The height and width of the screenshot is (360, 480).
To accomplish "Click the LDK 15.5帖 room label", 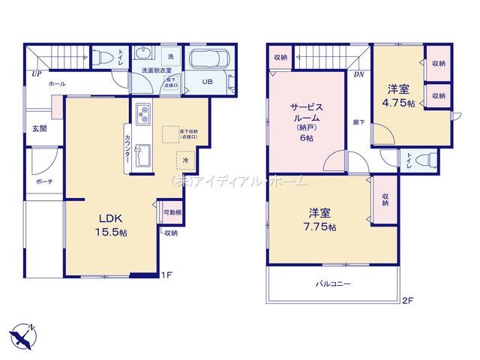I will pyautogui.click(x=109, y=225).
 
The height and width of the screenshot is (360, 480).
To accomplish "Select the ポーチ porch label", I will pyautogui.click(x=43, y=181).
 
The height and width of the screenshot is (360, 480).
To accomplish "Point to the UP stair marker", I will pyautogui.click(x=36, y=73).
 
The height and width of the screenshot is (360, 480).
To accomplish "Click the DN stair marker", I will pyautogui.click(x=358, y=73).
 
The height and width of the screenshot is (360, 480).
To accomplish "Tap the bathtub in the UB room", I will pyautogui.click(x=209, y=59).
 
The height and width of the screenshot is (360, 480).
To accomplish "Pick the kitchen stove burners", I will pyautogui.click(x=142, y=115).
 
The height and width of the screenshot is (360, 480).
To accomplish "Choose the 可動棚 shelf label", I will pyautogui.click(x=172, y=213).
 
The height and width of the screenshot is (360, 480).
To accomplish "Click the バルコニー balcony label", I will pyautogui.click(x=333, y=284).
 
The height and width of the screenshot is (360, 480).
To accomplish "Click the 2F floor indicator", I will pyautogui.click(x=408, y=301).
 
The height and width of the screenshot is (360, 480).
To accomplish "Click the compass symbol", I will pyautogui.click(x=22, y=334).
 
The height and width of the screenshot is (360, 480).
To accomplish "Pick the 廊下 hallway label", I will pyautogui.click(x=359, y=121).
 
